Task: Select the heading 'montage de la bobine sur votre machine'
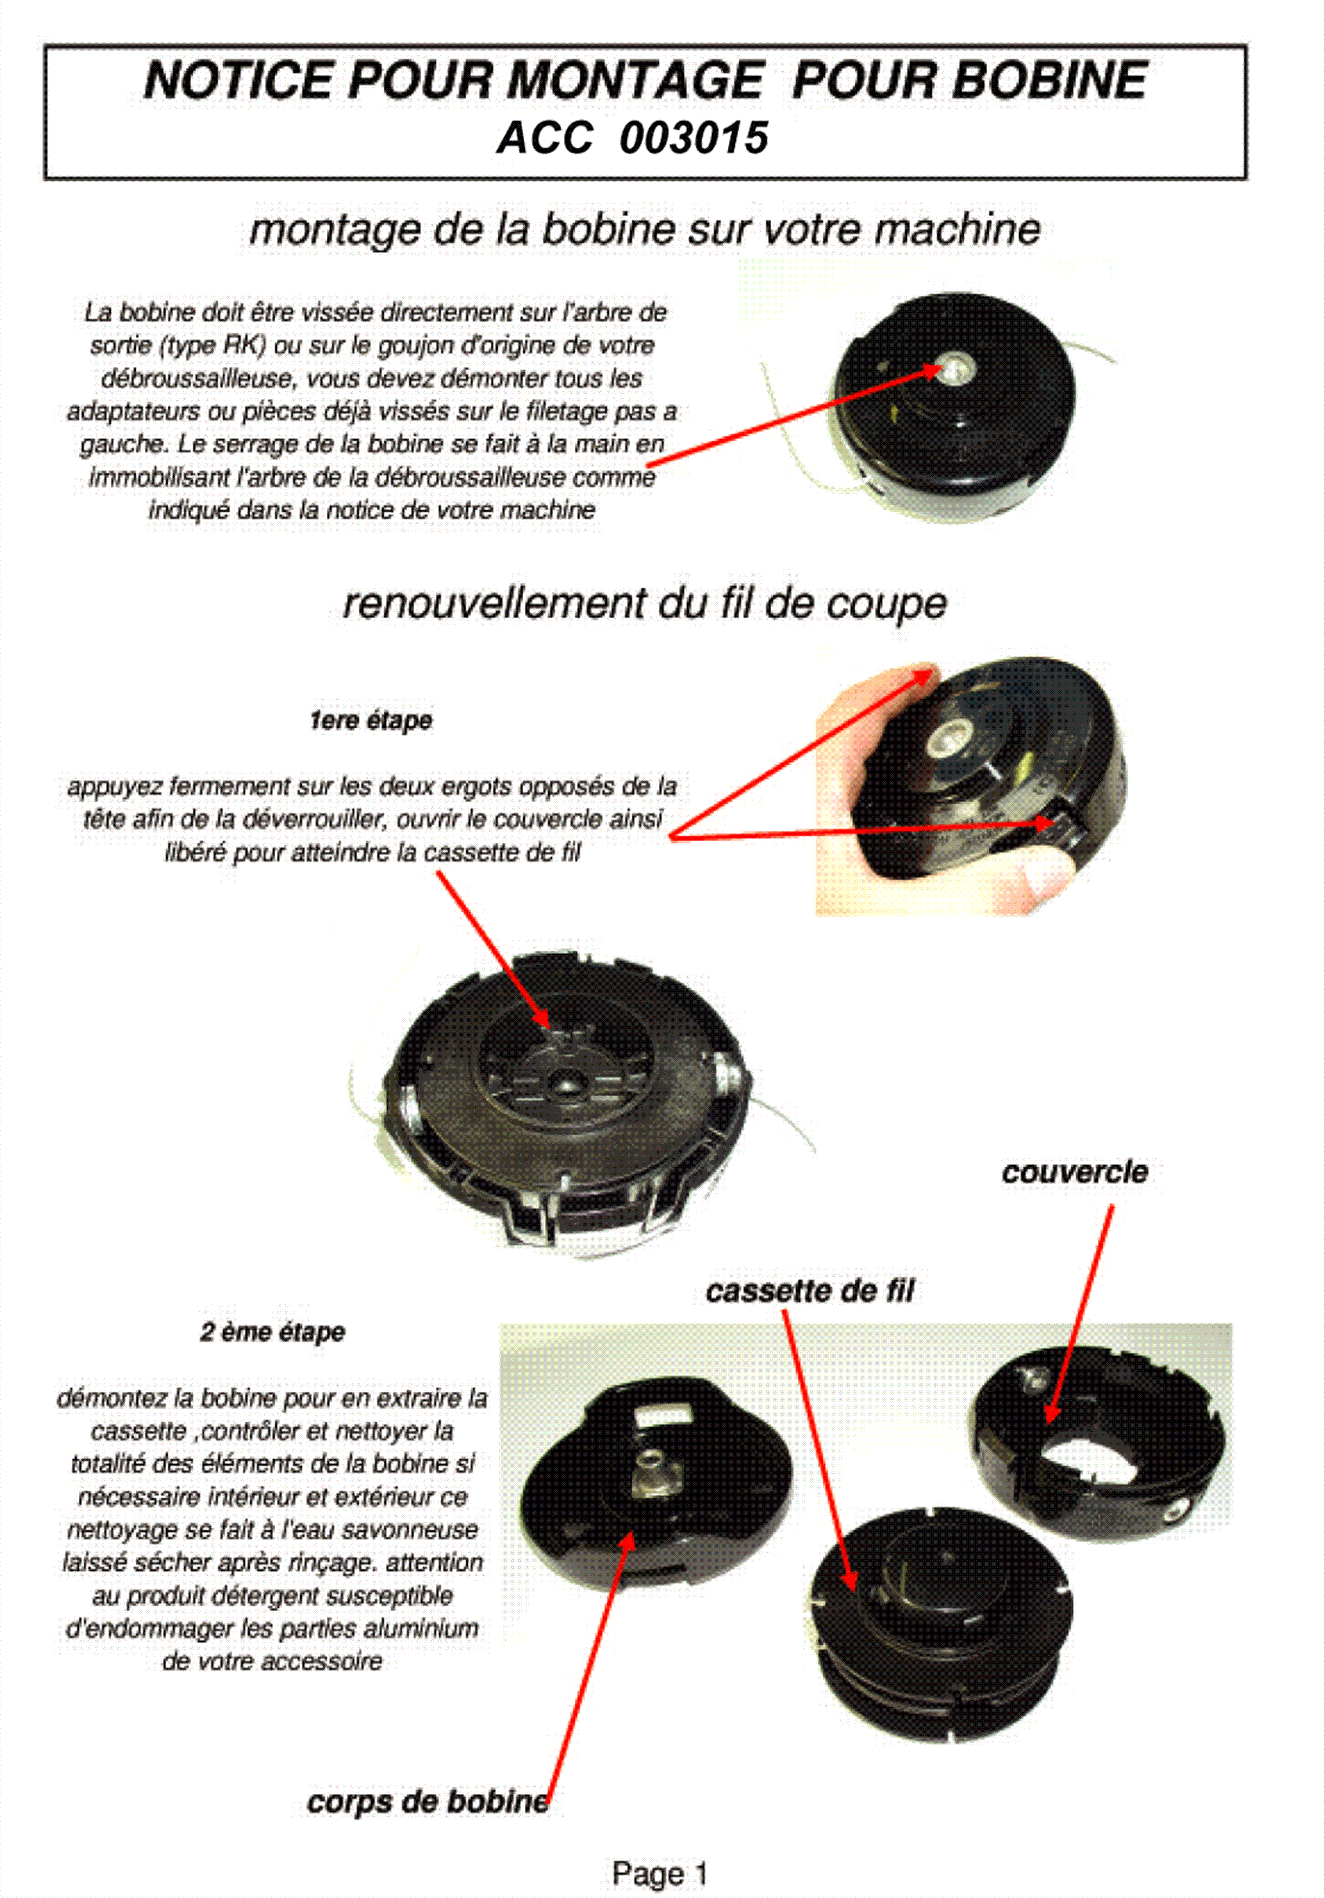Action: tap(645, 230)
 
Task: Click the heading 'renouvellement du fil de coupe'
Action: tap(645, 604)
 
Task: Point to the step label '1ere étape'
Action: tap(371, 721)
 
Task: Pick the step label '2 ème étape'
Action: tap(273, 1332)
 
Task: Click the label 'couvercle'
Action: tap(1075, 1172)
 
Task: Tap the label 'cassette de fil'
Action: tap(811, 1291)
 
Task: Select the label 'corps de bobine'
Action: tap(428, 1802)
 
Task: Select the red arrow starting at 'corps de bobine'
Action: tap(590, 1666)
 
